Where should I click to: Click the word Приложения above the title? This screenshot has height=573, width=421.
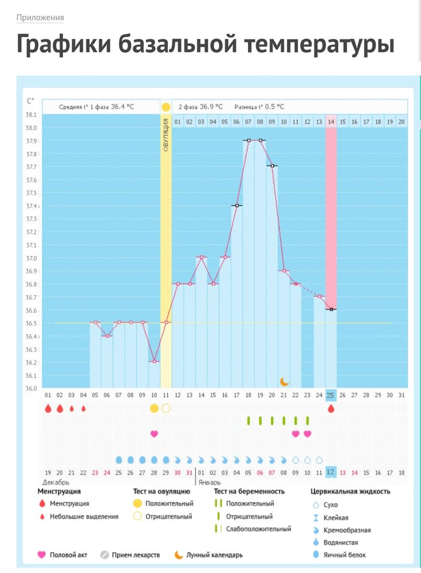tap(40, 17)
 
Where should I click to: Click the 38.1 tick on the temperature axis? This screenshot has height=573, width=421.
tap(32, 115)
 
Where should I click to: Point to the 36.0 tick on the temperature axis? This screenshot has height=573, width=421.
tap(32, 388)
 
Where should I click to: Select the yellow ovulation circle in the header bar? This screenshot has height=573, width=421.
tap(166, 107)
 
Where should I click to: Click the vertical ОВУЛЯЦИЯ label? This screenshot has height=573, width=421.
tap(166, 135)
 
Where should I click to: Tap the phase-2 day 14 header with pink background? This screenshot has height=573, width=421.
tap(330, 121)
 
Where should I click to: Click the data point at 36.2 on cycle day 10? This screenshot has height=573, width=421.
tap(154, 362)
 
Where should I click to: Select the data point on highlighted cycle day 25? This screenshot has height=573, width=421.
tap(331, 309)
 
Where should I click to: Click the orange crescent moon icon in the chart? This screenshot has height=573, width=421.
tap(284, 381)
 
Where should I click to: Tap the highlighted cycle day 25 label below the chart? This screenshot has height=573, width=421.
tap(331, 395)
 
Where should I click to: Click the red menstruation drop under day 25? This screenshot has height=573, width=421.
tap(331, 409)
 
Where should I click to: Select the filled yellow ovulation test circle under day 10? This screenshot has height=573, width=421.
tap(154, 409)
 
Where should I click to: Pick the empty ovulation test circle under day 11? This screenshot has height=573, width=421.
tap(166, 409)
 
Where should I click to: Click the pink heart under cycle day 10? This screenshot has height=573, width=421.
tap(154, 434)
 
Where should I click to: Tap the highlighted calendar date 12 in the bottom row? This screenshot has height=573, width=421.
tap(331, 472)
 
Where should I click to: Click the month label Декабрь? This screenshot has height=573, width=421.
tap(52, 482)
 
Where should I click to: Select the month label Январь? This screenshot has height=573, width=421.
tap(209, 482)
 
